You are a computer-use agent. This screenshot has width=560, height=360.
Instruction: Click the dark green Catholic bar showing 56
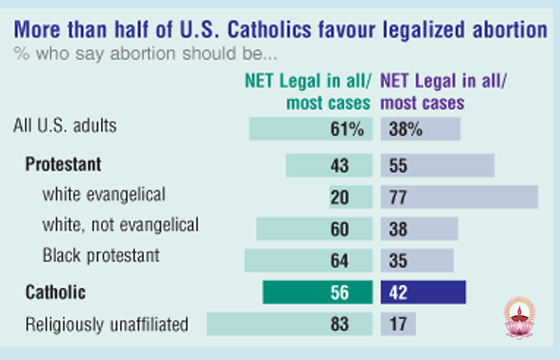point(318,292)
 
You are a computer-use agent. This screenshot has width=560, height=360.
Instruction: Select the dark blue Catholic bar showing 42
point(423,292)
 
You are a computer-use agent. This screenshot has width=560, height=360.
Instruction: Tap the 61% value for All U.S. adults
point(347,129)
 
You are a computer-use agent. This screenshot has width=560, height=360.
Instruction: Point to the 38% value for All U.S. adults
point(406,129)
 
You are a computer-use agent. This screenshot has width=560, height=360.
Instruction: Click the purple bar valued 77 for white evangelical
point(459,197)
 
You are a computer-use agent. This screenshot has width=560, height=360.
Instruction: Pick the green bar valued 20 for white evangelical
point(351,197)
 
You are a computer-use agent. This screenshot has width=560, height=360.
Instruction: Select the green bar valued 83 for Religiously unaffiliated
point(290,324)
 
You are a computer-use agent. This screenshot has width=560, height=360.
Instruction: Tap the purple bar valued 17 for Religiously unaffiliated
point(398,324)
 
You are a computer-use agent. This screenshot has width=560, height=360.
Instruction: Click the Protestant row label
point(63,164)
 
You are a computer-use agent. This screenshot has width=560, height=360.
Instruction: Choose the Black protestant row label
point(101,256)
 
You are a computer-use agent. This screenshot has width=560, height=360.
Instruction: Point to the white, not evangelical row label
point(121,225)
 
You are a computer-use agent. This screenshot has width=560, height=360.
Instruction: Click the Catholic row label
point(55,292)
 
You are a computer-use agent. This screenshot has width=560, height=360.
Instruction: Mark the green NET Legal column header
point(308,92)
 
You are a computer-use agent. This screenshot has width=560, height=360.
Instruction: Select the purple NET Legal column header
point(443,92)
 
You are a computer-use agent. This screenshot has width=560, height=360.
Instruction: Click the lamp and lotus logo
point(520,318)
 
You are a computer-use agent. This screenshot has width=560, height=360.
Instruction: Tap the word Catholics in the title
point(269,30)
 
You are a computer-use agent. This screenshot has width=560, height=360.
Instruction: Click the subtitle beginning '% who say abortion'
point(145,54)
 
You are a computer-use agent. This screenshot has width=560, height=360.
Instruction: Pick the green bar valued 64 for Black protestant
point(309,260)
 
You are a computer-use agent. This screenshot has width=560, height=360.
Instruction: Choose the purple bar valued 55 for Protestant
point(438,165)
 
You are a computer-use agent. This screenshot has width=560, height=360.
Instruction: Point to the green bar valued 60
point(314,229)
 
